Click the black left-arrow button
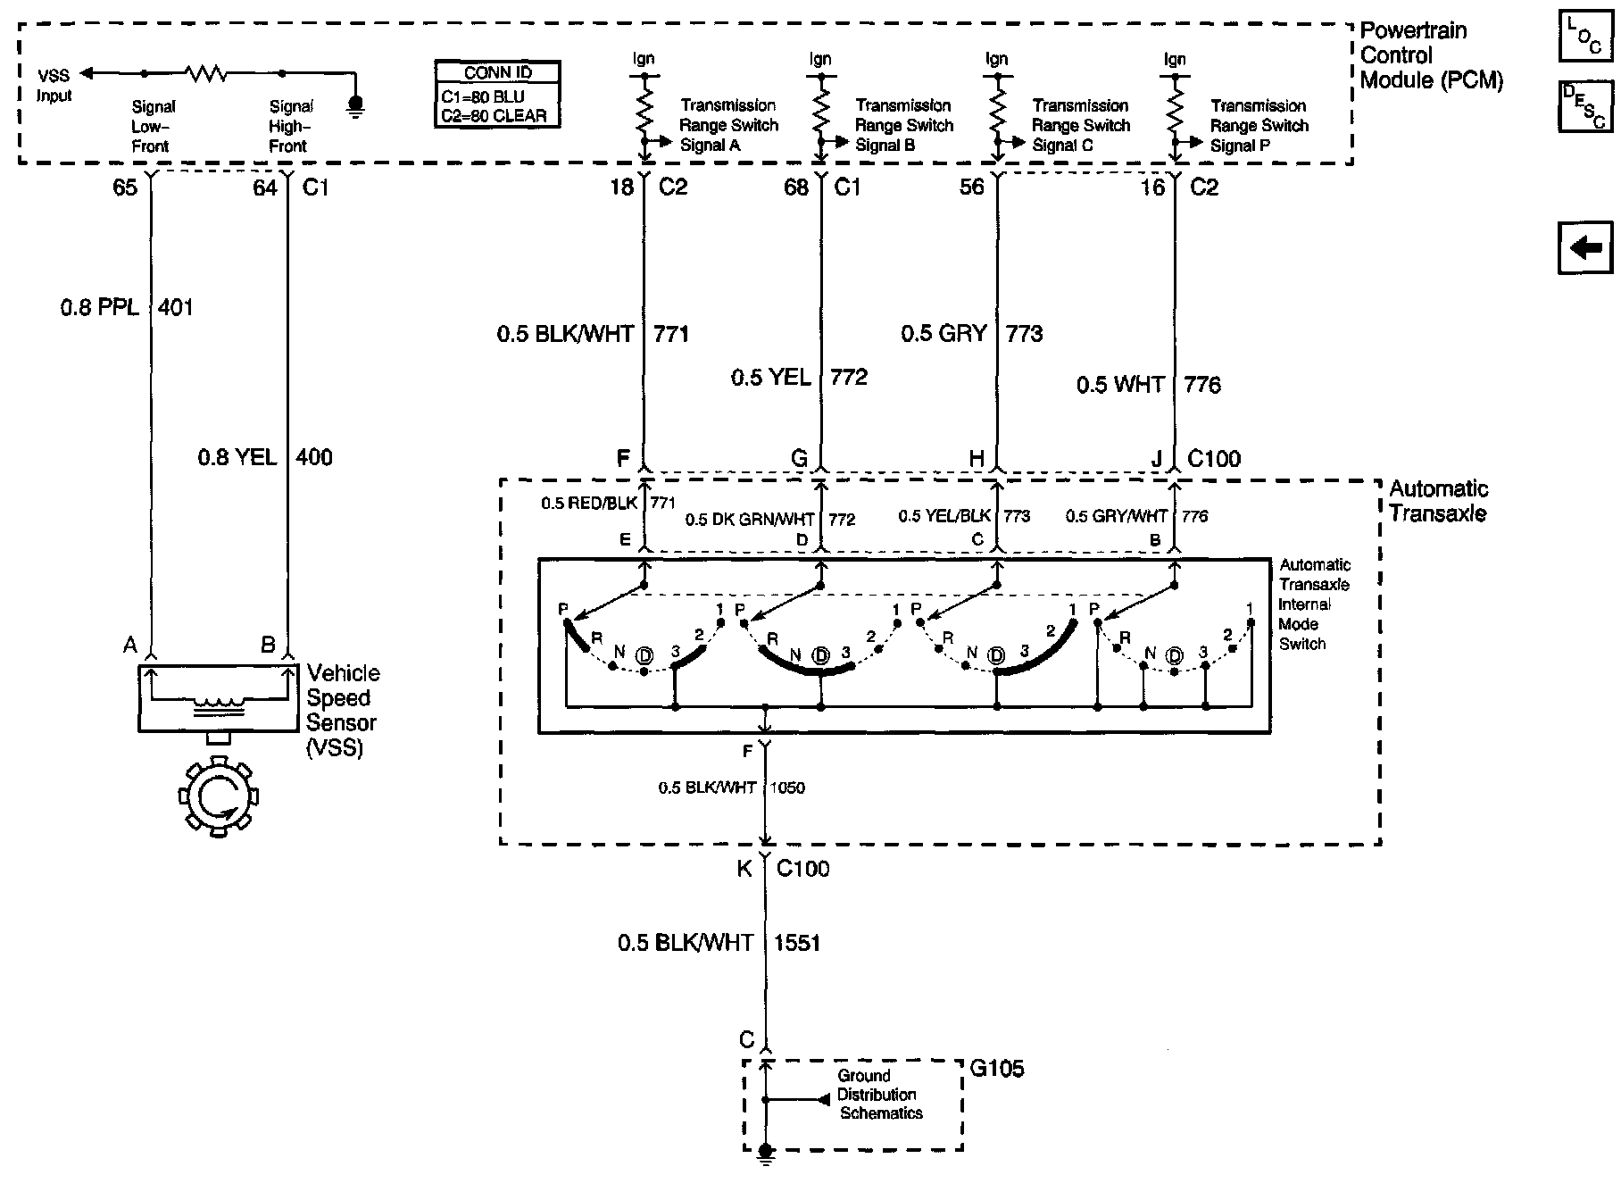tap(1585, 246)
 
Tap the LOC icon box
tap(1585, 36)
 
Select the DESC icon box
tap(1585, 106)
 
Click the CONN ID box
tap(498, 94)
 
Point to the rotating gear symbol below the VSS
tap(218, 797)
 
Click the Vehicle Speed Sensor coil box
tap(218, 698)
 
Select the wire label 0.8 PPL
tap(99, 308)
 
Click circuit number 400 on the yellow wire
tap(314, 458)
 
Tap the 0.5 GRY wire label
tap(944, 334)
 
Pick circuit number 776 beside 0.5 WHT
tap(1202, 385)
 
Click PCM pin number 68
tap(796, 187)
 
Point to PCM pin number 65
tap(125, 187)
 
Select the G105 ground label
tap(997, 1069)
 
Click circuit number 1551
tap(797, 943)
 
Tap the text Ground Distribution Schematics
tap(878, 1095)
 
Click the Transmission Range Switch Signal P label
tap(1259, 126)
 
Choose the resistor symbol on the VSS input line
tap(206, 73)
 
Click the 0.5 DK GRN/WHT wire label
tap(750, 520)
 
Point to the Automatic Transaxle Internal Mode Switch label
tap(1314, 604)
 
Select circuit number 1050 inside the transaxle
tap(787, 788)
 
